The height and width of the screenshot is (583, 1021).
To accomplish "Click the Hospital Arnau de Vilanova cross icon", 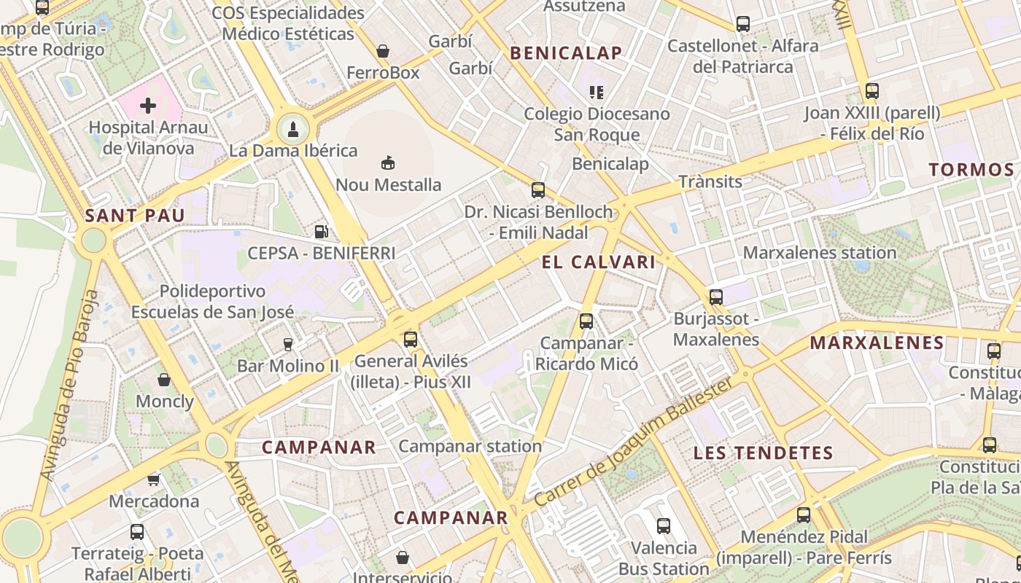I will pyautogui.click(x=148, y=106).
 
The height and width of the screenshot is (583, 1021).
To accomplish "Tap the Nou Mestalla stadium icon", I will pyautogui.click(x=388, y=163).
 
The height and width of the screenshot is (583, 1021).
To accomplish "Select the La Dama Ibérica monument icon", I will pyautogui.click(x=293, y=130).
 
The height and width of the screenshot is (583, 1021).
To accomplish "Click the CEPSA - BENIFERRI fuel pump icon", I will pyautogui.click(x=320, y=232).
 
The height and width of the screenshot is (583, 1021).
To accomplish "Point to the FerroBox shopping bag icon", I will pyautogui.click(x=382, y=51).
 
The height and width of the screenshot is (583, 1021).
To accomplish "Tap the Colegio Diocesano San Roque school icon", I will pyautogui.click(x=597, y=92).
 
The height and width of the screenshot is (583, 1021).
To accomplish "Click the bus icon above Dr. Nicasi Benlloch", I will pyautogui.click(x=538, y=190).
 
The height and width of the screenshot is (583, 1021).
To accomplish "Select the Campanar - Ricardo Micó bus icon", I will pyautogui.click(x=586, y=321).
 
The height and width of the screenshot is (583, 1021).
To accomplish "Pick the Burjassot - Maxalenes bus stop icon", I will pyautogui.click(x=716, y=297).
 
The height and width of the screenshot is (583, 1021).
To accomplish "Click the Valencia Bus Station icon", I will pyautogui.click(x=664, y=525).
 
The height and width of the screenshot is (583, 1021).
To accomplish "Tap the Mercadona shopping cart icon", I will pyautogui.click(x=153, y=480).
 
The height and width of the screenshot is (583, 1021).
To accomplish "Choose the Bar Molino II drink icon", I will pyautogui.click(x=288, y=344).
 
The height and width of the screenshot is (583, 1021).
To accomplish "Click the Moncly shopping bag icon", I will pyautogui.click(x=164, y=380).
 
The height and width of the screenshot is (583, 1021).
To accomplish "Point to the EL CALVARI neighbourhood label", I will pyautogui.click(x=599, y=262).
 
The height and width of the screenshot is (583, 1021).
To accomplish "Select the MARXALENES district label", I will pyautogui.click(x=877, y=343).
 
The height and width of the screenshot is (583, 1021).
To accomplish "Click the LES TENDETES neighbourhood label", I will pyautogui.click(x=763, y=453).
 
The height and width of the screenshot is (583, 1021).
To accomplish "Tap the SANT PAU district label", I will pyautogui.click(x=135, y=216).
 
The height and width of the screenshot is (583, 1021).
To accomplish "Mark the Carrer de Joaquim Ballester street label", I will pyautogui.click(x=633, y=442).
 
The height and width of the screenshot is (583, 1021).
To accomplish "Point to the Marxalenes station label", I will pyautogui.click(x=820, y=253).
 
